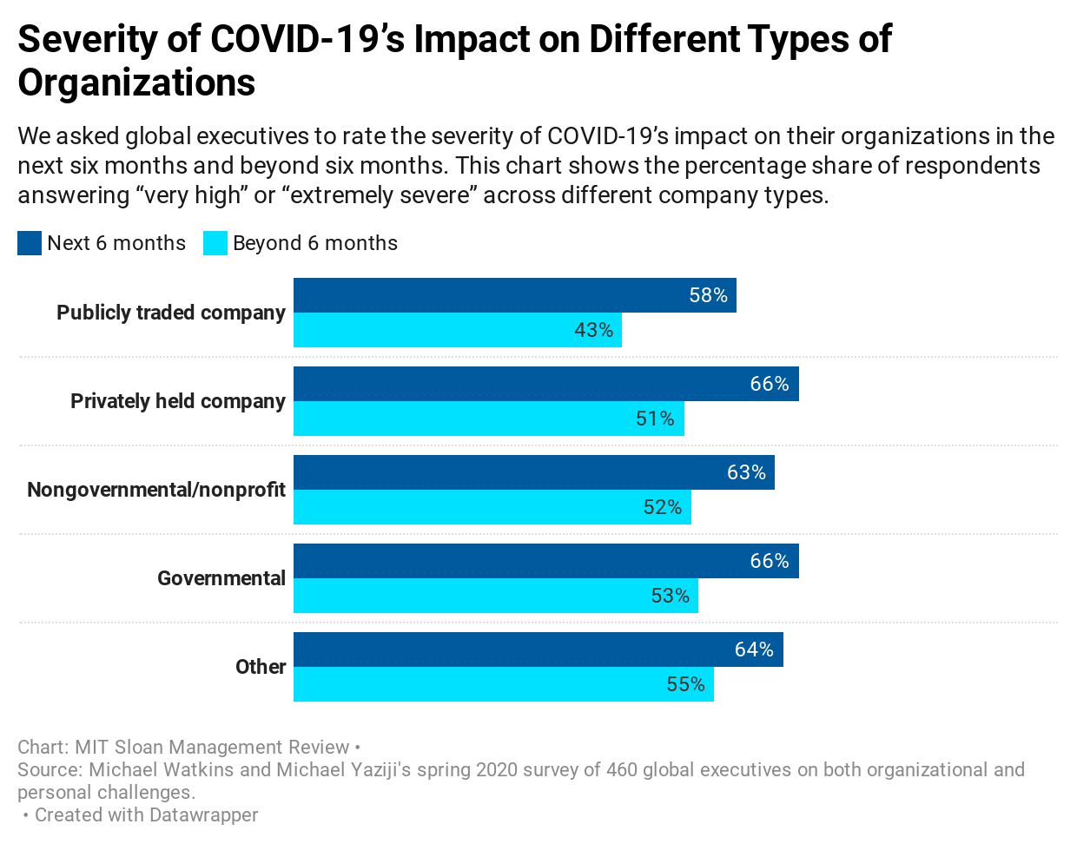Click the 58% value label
(x=708, y=295)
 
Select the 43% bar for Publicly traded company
(x=457, y=330)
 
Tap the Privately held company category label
(x=178, y=401)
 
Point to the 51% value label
(x=655, y=419)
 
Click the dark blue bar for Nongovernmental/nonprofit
(x=533, y=472)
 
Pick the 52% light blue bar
(x=492, y=507)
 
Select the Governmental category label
(x=221, y=578)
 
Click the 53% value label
(x=670, y=596)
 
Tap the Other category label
(x=261, y=667)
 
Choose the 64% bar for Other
(x=538, y=649)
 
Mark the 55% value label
(x=685, y=684)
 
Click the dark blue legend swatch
(x=30, y=243)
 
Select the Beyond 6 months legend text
(x=315, y=243)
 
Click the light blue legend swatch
(x=215, y=243)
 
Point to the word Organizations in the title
(x=136, y=82)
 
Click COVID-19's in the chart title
(x=307, y=39)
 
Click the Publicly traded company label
(x=171, y=313)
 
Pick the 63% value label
(x=746, y=472)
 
